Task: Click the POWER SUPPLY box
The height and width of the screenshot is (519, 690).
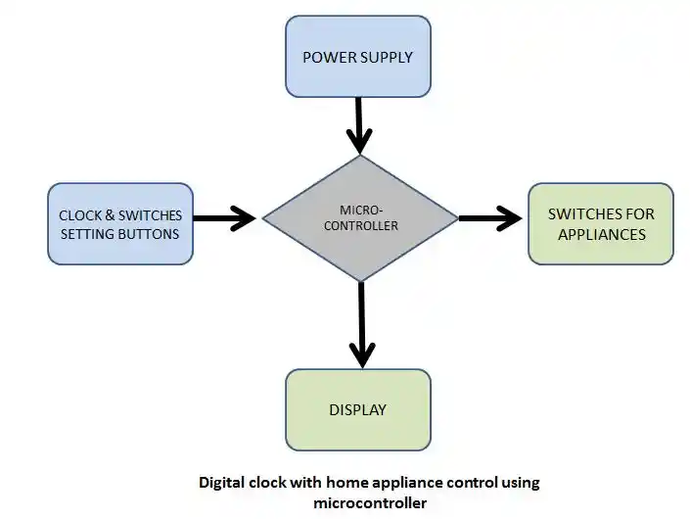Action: [358, 57]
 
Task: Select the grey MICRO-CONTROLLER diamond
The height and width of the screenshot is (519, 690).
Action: [360, 218]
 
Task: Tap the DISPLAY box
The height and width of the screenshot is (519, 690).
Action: [358, 410]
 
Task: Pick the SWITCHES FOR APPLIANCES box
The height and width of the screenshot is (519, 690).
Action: [601, 223]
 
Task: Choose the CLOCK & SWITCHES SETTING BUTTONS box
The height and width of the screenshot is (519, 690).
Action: [120, 223]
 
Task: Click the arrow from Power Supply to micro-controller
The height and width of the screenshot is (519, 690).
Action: [359, 125]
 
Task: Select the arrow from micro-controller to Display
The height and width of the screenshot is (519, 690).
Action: [362, 325]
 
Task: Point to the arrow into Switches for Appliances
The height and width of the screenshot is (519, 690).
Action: [490, 218]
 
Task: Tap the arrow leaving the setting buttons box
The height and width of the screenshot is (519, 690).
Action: [224, 218]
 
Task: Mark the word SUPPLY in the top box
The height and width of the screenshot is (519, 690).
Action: [387, 57]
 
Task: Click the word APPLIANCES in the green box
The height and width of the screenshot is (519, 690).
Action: [602, 234]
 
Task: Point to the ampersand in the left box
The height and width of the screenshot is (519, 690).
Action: [110, 215]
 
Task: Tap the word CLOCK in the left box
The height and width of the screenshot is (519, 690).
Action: [80, 215]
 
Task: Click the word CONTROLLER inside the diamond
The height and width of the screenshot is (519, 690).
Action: [361, 225]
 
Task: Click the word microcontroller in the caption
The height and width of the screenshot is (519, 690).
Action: [370, 502]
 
